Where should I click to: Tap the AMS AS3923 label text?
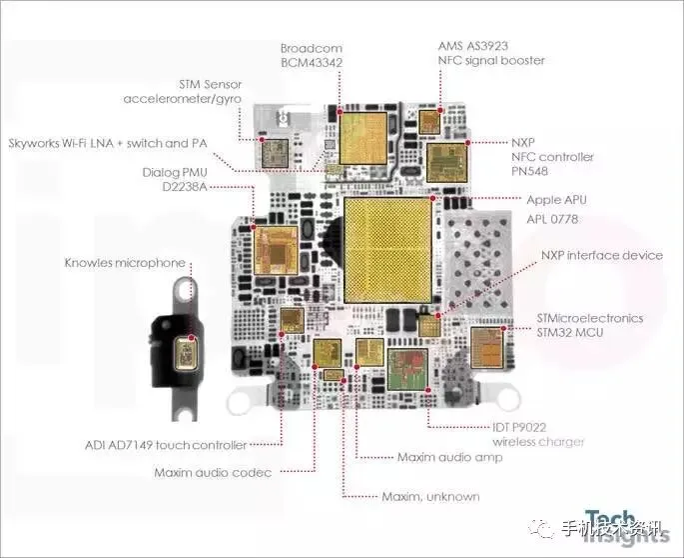[x=490, y=46]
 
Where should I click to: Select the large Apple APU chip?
[x=388, y=250]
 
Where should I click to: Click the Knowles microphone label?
[x=125, y=263]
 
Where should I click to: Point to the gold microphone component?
[x=186, y=354]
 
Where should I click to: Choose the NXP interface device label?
[x=602, y=255]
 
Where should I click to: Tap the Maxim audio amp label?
[x=449, y=457]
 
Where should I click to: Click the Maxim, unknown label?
[x=430, y=496]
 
